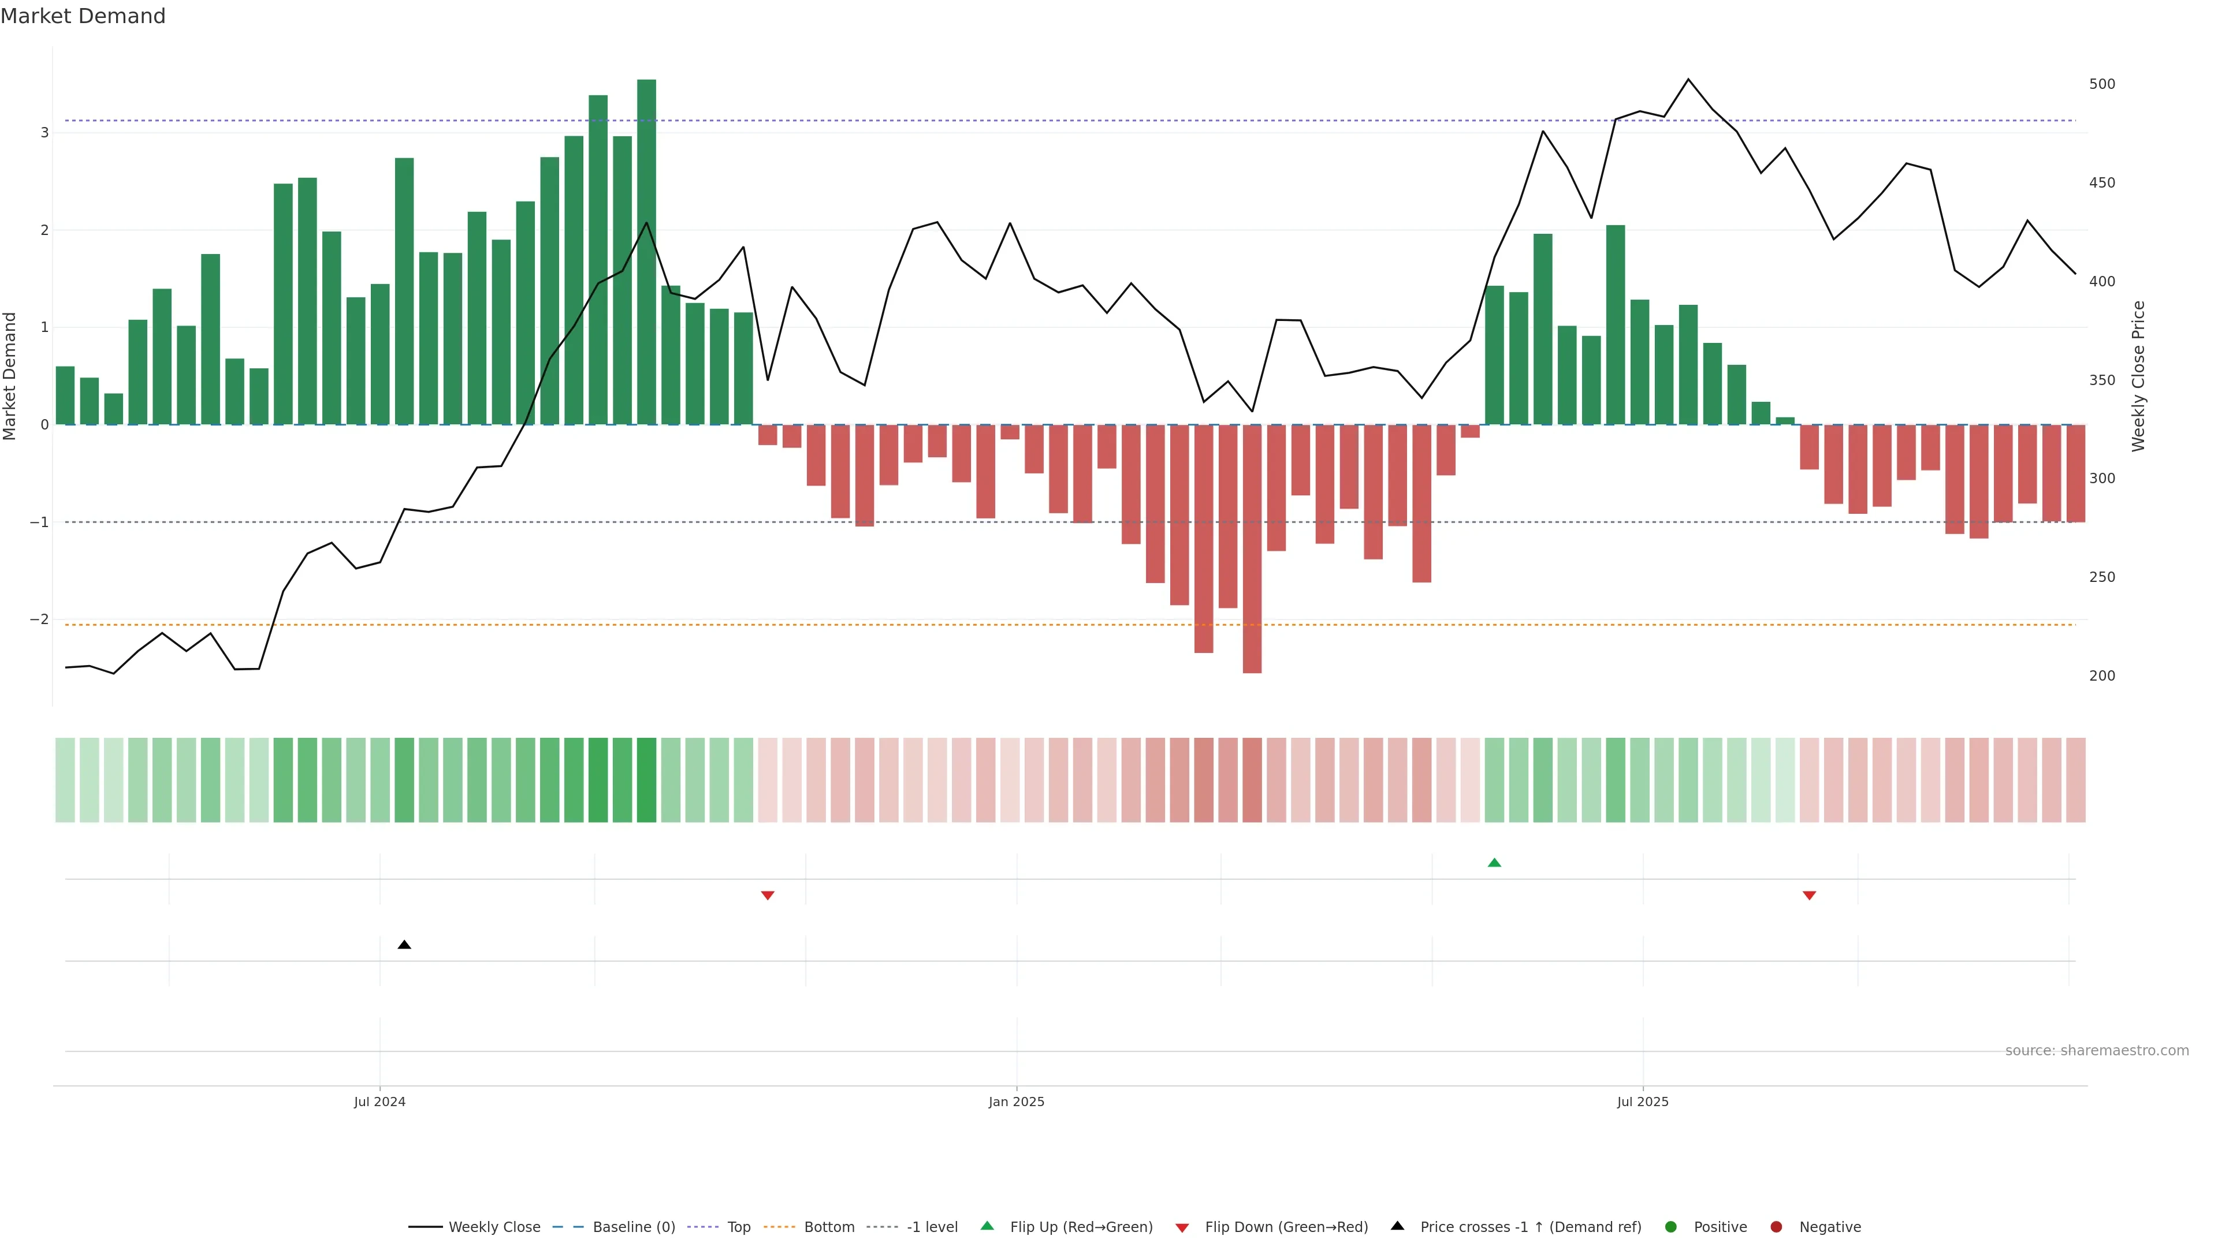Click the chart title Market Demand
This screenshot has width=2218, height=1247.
(83, 16)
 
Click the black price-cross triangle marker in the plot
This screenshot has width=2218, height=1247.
(404, 945)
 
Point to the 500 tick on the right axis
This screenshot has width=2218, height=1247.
(2102, 84)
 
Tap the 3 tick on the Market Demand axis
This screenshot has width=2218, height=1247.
(44, 133)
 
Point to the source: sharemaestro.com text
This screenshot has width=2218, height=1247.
(2097, 1051)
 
